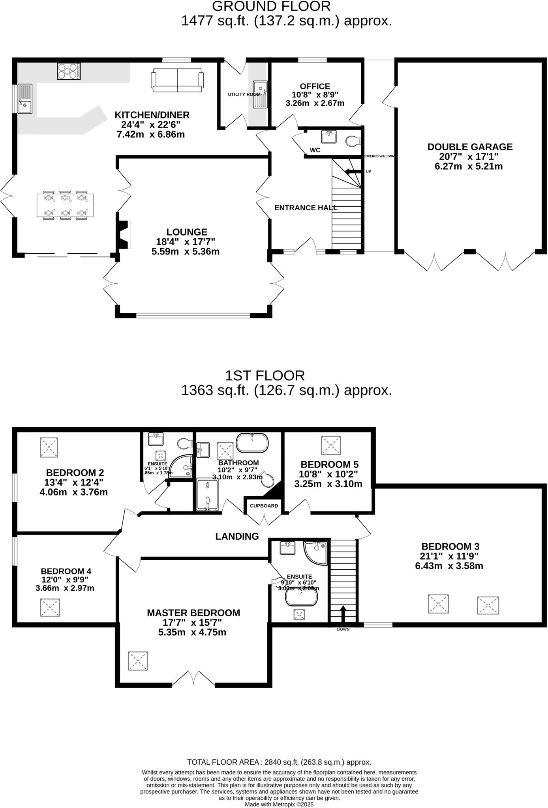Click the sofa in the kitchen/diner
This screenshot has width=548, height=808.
point(177,80)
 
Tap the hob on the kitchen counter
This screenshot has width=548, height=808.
point(69,71)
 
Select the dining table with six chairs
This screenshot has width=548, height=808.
point(66,205)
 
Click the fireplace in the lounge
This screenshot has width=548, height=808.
point(124,235)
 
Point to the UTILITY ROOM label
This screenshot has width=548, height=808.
point(244,94)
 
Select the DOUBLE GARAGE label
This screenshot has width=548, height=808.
point(470,147)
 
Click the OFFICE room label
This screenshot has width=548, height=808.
point(315,86)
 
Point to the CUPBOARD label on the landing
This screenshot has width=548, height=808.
point(264,506)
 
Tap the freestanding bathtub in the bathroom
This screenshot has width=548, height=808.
point(252,443)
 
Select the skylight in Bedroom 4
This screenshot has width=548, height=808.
point(50,608)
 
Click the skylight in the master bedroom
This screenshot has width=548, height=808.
point(138,660)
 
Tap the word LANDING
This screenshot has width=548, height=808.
point(237,536)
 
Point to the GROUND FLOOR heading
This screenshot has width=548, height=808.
point(271,6)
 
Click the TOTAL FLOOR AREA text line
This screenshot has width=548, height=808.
point(279,762)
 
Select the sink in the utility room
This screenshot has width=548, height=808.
point(260,94)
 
